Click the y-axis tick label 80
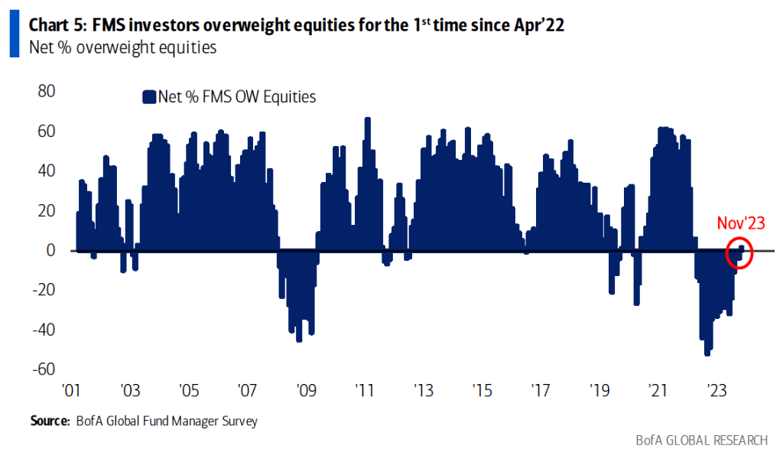45,91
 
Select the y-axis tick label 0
50,250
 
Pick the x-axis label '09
306,390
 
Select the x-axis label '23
717,390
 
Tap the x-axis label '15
482,390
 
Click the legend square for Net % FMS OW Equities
148,96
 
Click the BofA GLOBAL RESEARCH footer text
702,440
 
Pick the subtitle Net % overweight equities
122,47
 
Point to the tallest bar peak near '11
368,119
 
